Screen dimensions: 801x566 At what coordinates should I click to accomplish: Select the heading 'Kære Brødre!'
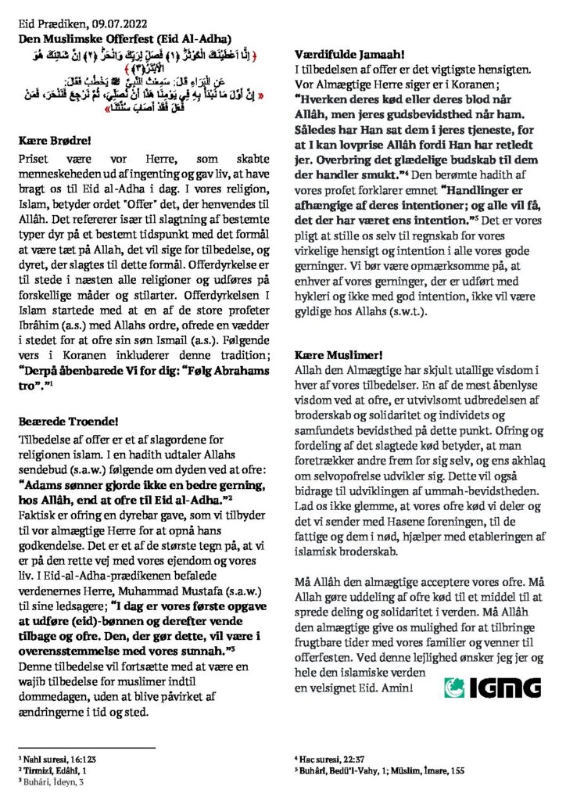click(54, 144)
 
